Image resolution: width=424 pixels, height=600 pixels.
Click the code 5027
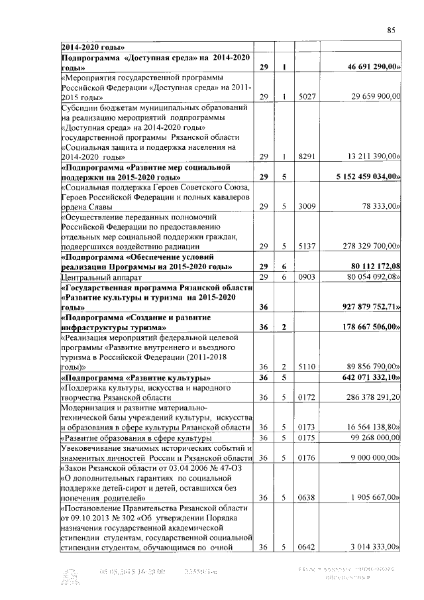point(306,97)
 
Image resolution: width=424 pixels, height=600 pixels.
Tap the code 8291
point(306,157)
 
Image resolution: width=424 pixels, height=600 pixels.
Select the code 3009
point(306,207)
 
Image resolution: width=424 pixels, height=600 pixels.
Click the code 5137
point(306,246)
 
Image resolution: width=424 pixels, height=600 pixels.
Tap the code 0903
point(306,276)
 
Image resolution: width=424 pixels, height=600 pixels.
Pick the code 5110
point(306,367)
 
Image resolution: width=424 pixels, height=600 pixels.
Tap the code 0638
point(306,497)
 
